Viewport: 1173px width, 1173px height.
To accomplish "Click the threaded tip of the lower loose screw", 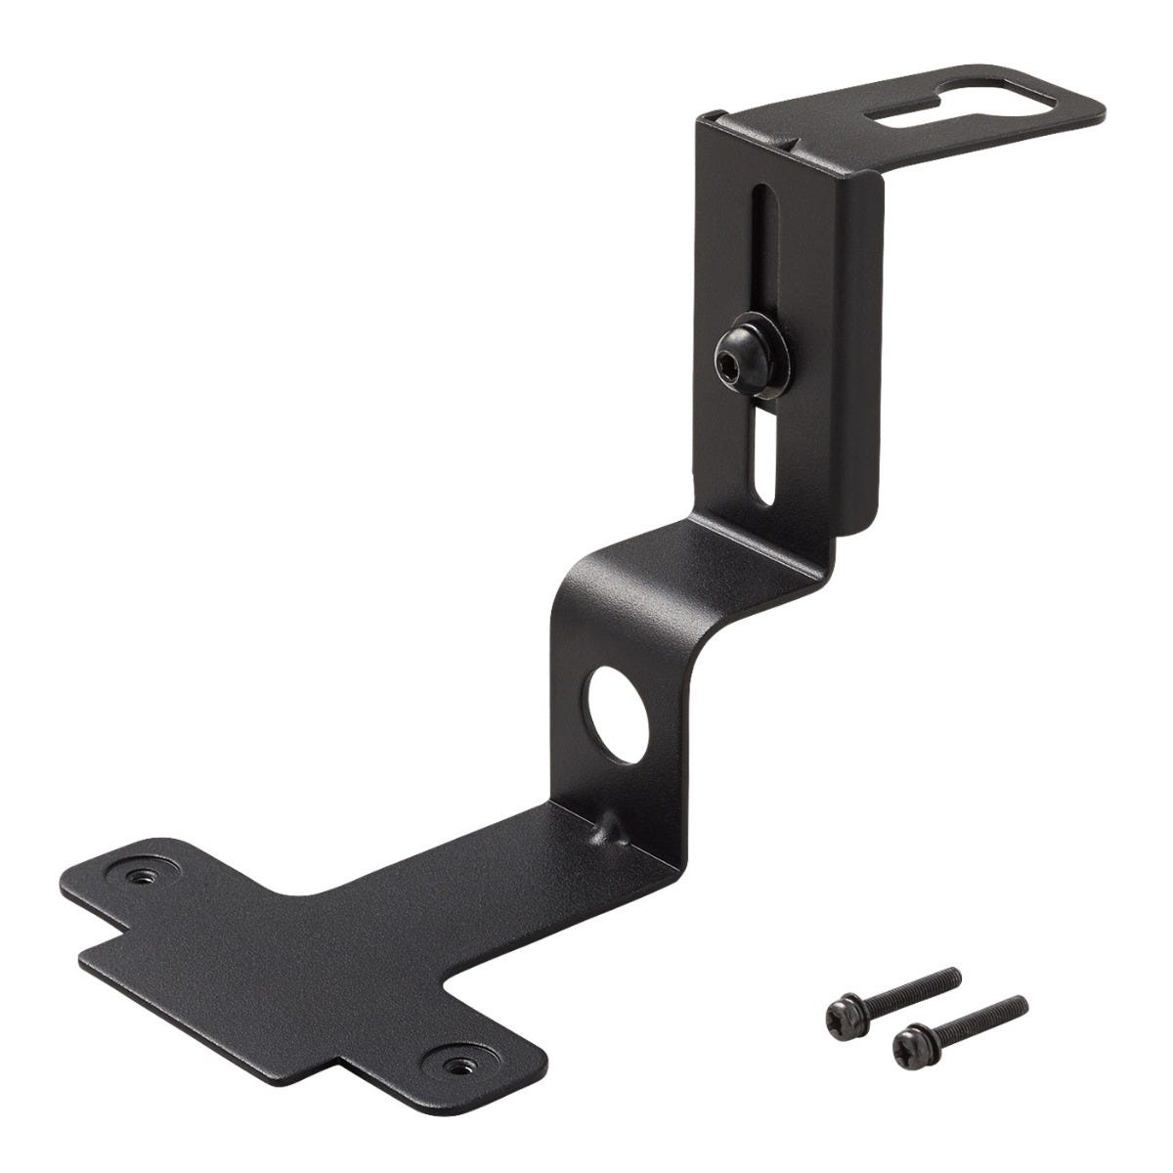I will [1019, 1003].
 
